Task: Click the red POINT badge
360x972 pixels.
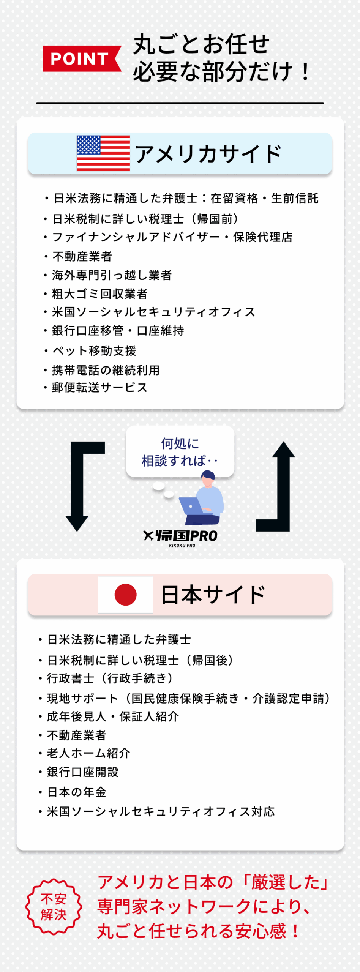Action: [81, 59]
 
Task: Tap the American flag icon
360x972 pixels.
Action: [103, 153]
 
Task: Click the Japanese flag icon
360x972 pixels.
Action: [126, 595]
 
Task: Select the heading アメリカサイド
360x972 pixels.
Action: [208, 154]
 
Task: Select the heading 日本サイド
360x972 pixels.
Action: [213, 595]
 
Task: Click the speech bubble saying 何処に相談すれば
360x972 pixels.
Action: [180, 452]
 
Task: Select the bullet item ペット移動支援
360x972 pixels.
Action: [94, 350]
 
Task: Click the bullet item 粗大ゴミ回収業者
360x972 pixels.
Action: [99, 293]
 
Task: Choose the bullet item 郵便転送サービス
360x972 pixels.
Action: [99, 387]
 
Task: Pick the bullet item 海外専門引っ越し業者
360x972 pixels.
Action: [112, 275]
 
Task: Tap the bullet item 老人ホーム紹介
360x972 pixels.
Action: [88, 753]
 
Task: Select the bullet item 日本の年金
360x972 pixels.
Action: [76, 792]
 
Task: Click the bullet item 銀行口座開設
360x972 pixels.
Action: [82, 772]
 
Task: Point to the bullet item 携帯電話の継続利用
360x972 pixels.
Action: [106, 370]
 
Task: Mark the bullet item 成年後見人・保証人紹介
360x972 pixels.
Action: [112, 716]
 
